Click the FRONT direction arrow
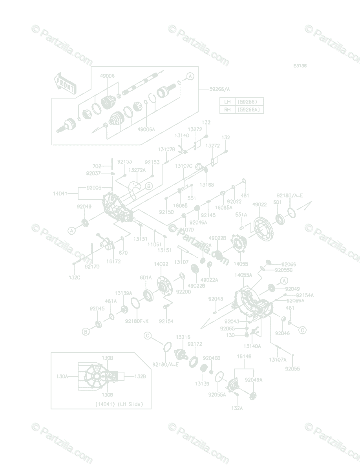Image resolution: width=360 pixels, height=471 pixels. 65,83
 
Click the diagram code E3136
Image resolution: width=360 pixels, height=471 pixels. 300,66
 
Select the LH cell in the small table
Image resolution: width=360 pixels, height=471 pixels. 227,102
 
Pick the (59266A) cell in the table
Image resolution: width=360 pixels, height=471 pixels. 249,110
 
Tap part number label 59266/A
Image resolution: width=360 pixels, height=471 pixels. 219,89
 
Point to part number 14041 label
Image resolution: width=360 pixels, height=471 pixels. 61,194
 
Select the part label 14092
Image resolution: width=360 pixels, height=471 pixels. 161,264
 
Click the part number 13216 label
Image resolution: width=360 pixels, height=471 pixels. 183,337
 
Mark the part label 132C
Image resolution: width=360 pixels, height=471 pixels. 74,277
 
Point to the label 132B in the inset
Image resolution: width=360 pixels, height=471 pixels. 140,376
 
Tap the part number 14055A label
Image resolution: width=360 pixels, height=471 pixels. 243,275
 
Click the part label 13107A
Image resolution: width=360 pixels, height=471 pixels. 278,360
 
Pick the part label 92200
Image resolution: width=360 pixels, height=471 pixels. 183,292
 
